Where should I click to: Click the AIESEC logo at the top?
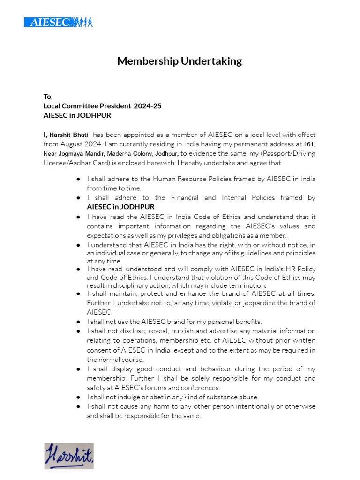pyautogui.click(x=59, y=22)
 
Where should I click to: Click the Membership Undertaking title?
pyautogui.click(x=180, y=61)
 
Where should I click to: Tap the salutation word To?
pyautogui.click(x=48, y=97)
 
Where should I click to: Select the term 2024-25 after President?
pyautogui.click(x=147, y=106)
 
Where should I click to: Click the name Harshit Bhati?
pyautogui.click(x=69, y=135)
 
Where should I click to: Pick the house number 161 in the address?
pyautogui.click(x=309, y=144)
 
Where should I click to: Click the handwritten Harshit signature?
pyautogui.click(x=69, y=455)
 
